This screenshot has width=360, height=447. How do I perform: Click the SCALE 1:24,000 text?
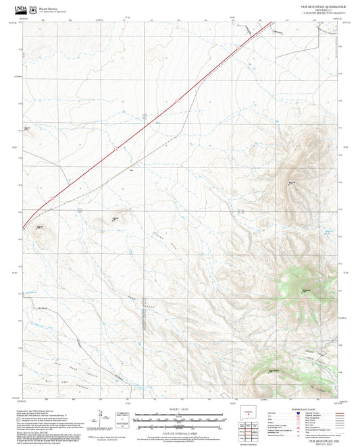(180, 410)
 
